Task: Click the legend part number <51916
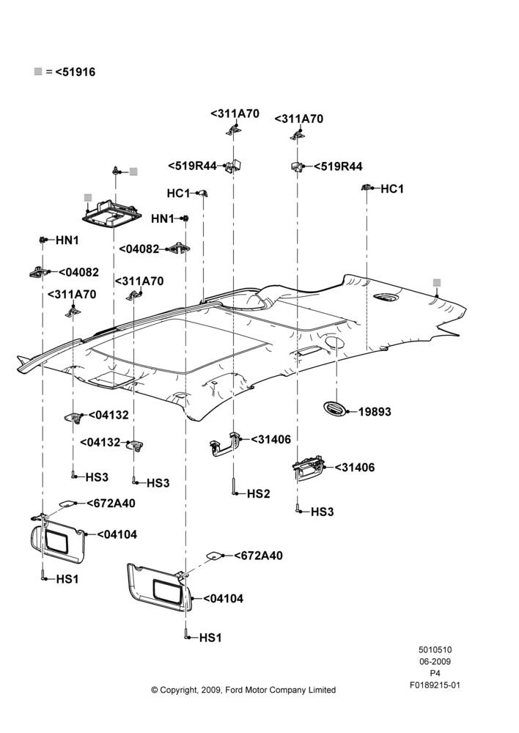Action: (76, 72)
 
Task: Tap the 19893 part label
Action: (375, 412)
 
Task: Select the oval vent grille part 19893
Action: (335, 408)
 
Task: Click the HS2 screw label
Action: (259, 493)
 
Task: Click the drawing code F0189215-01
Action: (435, 685)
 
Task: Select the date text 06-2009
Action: (435, 661)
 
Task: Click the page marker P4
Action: (435, 674)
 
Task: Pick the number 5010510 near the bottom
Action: (435, 649)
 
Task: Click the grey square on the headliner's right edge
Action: (437, 282)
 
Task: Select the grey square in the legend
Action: (38, 72)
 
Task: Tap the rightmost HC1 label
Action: (392, 189)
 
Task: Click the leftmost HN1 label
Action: (67, 240)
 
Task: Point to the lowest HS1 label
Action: (210, 638)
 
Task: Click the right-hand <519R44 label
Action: (338, 166)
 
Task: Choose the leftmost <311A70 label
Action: (72, 295)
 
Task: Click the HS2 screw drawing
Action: (233, 486)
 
